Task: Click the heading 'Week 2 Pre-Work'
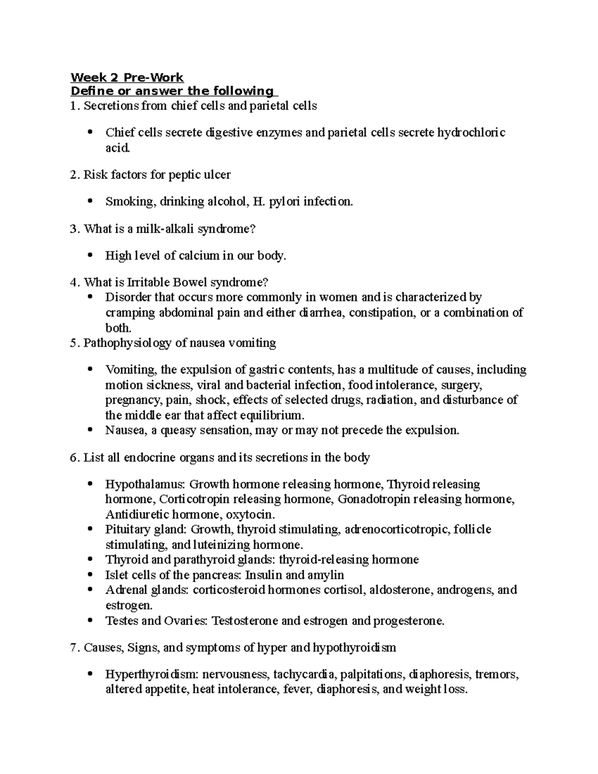point(127,77)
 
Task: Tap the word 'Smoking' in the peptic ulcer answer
point(125,202)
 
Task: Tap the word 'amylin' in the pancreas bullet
point(326,575)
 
